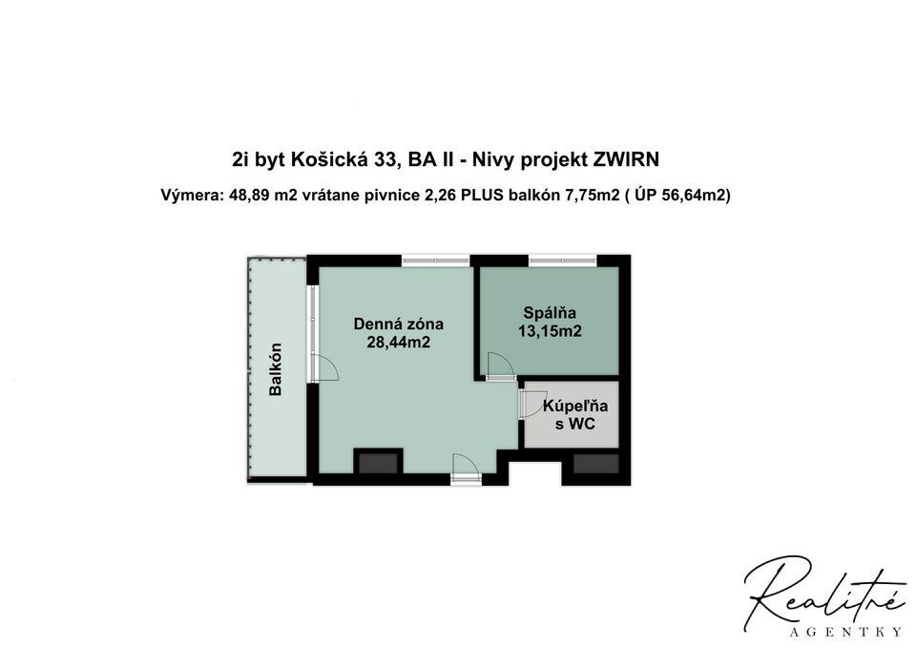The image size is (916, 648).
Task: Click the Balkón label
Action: click(x=276, y=369)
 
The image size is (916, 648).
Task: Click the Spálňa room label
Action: click(x=550, y=313)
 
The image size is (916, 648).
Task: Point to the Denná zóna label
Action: click(x=398, y=323)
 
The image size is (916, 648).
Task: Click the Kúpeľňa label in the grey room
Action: click(x=574, y=406)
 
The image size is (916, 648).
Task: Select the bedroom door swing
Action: click(x=497, y=366)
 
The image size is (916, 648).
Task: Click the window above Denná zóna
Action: click(x=435, y=260)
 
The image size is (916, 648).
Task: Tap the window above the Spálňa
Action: click(x=563, y=260)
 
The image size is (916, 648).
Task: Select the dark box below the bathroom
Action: click(x=595, y=464)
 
